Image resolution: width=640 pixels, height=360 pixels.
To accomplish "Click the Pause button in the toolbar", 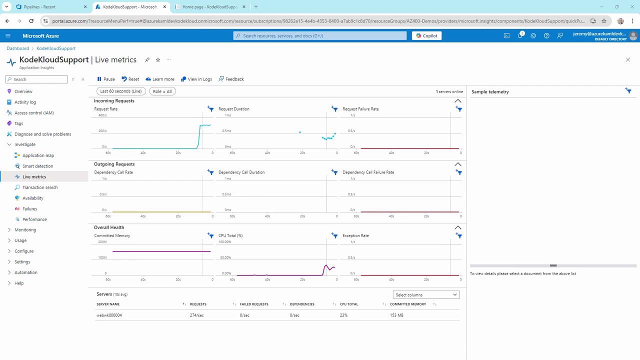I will click(x=106, y=79).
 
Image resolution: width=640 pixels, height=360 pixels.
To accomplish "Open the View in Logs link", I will click(x=196, y=79).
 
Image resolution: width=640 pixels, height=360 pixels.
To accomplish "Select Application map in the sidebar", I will click(x=38, y=155).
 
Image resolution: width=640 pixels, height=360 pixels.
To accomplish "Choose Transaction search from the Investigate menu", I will click(x=40, y=187).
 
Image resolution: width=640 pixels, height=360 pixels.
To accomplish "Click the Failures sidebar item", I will click(x=29, y=209).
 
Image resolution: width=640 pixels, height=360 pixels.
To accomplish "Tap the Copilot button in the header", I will click(x=426, y=36).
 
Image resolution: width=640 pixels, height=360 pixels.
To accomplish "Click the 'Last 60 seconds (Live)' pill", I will click(x=121, y=91).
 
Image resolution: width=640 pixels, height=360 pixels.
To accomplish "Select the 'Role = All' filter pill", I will click(x=162, y=91).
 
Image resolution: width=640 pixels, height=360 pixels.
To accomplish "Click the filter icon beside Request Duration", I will click(x=334, y=109).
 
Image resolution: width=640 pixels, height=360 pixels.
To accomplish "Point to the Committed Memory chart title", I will click(x=112, y=235).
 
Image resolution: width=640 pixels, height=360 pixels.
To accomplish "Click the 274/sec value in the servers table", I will click(x=196, y=315).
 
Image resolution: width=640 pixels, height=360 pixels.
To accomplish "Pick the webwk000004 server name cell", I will click(x=109, y=315).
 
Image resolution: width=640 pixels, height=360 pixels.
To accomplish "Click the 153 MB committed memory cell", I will click(x=396, y=315).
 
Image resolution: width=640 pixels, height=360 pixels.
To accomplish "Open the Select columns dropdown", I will click(x=426, y=295).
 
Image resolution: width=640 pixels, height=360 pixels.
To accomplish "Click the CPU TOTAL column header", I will click(x=348, y=304).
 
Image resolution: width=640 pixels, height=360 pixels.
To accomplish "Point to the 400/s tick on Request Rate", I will click(x=102, y=115).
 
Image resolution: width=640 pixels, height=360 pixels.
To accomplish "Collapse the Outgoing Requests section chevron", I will click(x=457, y=164).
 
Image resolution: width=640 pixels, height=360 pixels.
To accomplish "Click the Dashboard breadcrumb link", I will click(x=18, y=48).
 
